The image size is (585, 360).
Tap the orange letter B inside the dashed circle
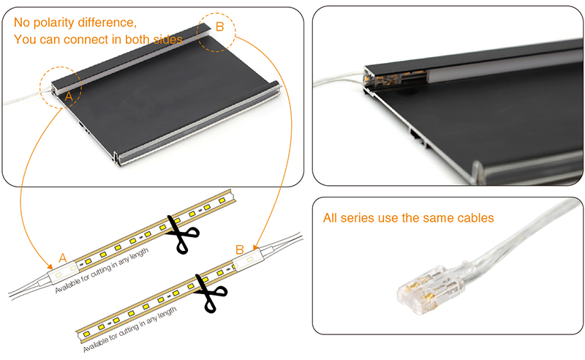point(220,27)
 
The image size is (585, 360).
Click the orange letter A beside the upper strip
point(63,258)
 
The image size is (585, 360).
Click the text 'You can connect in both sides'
point(98,39)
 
